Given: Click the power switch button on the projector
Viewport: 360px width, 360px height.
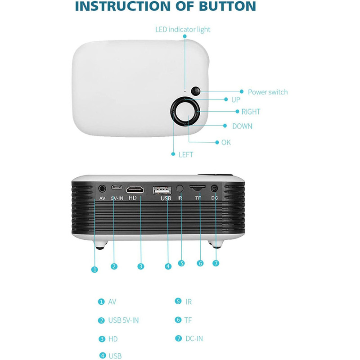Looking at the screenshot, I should click(x=196, y=91).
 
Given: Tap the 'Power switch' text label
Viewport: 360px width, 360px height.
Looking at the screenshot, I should click(x=268, y=92).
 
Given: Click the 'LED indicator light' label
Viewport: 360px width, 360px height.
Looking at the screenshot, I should click(x=183, y=30).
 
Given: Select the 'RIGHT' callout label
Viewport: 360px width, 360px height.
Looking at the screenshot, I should click(x=251, y=112).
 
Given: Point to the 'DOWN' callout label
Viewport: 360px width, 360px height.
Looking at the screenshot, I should click(x=242, y=126).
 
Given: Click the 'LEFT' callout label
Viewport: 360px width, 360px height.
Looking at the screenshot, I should click(x=185, y=154).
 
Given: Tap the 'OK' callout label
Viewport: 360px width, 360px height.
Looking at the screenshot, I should click(x=226, y=142).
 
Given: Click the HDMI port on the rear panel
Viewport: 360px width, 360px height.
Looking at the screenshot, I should click(x=135, y=189).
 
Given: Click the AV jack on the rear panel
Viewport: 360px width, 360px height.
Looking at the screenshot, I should click(x=102, y=189).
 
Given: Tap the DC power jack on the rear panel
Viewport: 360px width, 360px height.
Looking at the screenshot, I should click(x=214, y=189).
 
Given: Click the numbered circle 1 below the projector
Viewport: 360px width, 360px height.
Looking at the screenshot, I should click(x=94, y=270).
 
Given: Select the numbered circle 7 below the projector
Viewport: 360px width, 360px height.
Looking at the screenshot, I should click(x=216, y=263).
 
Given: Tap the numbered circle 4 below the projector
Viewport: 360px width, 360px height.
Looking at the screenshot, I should click(x=168, y=266).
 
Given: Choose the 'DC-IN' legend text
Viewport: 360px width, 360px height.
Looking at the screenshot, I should click(x=197, y=338).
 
